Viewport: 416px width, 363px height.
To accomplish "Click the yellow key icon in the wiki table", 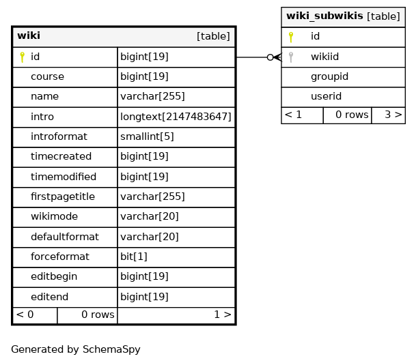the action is point(23,57).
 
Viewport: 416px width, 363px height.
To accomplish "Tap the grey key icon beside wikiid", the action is point(291,57).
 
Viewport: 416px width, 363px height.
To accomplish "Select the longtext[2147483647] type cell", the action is point(176,117).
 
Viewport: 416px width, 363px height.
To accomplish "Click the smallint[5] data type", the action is point(147,136).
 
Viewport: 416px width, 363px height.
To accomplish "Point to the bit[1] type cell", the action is point(176,257).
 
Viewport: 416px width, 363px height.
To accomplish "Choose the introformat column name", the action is point(59,136).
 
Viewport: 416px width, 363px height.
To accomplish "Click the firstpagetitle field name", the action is point(63,197).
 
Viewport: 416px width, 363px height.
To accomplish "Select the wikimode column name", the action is point(54,216).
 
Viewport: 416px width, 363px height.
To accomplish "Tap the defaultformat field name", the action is point(65,237).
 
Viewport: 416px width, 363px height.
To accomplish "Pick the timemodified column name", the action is point(64,177).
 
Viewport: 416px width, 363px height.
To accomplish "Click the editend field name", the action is point(49,297).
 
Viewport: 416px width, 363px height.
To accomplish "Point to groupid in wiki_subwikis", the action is point(329,77).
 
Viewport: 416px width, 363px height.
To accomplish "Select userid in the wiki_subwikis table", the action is point(326,96).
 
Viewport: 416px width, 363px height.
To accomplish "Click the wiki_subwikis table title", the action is point(324,16).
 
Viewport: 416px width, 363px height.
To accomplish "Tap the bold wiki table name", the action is point(29,35).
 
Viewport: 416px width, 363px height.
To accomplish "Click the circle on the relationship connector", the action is point(270,57).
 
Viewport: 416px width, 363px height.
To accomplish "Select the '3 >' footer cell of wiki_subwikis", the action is point(389,115).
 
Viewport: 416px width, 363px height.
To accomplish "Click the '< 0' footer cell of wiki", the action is point(35,315).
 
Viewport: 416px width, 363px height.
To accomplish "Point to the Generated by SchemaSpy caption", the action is point(76,349).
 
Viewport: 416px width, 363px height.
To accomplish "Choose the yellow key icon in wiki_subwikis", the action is point(291,37).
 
